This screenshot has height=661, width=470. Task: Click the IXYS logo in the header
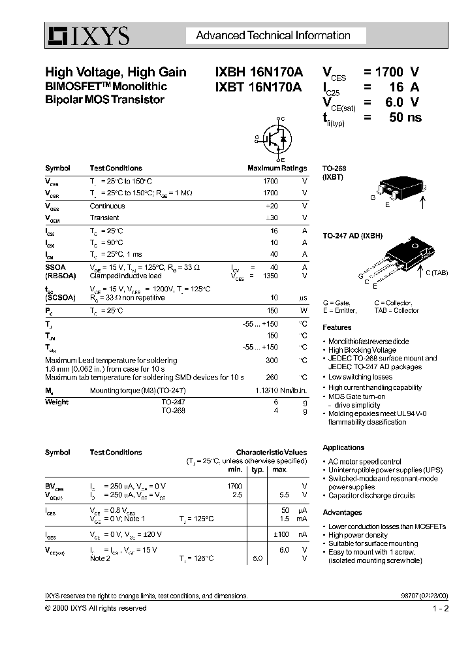click(87, 36)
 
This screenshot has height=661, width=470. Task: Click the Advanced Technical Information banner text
click(273, 36)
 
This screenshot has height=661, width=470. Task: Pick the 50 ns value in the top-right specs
click(405, 118)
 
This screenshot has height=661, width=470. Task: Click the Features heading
click(337, 327)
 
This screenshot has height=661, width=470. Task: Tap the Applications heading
click(343, 447)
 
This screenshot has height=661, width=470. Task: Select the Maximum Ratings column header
click(277, 168)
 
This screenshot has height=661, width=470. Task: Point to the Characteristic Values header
click(271, 452)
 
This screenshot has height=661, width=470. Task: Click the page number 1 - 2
click(441, 608)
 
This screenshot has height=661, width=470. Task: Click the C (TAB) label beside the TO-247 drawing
click(436, 273)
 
